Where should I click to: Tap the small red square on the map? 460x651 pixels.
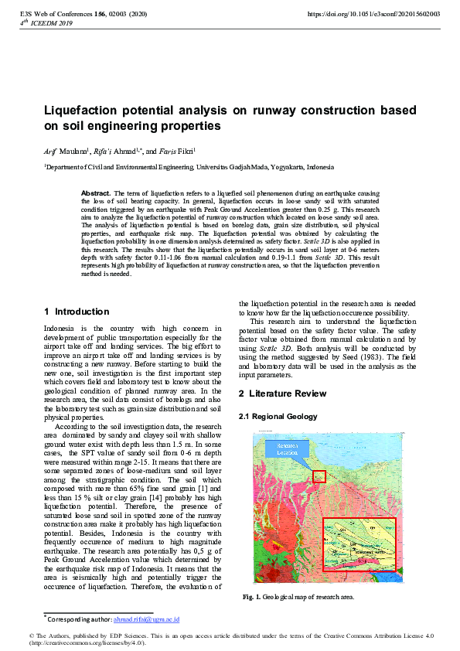(319, 476)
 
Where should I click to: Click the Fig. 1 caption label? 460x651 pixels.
(251, 597)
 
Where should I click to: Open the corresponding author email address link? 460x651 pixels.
(146, 619)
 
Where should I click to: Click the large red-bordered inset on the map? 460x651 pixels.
(358, 544)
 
